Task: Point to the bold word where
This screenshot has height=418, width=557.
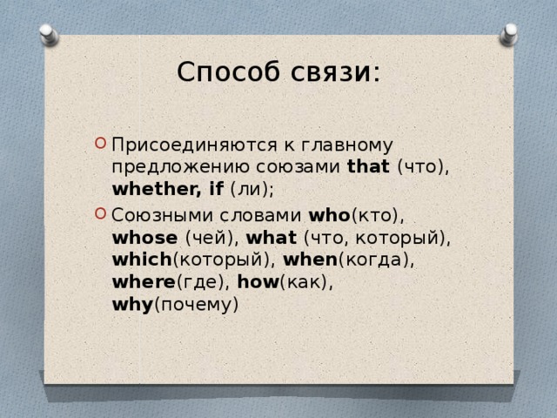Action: point(144,283)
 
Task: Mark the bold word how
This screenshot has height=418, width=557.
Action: point(256,283)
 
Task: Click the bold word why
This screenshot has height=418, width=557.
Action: point(132,306)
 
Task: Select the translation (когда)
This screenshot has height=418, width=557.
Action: point(371,260)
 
